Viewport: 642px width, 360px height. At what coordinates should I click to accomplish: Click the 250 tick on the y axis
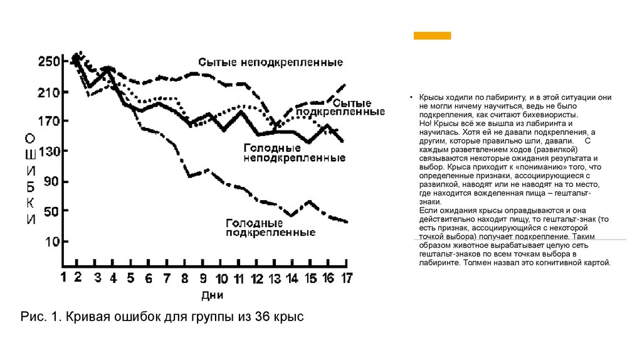(x=48, y=61)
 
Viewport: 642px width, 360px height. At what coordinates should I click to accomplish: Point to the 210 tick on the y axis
(x=48, y=93)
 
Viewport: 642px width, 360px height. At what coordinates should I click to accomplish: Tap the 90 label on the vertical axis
(x=52, y=182)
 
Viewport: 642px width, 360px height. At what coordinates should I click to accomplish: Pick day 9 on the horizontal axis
(x=203, y=278)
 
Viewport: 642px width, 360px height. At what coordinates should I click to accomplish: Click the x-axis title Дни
(x=213, y=294)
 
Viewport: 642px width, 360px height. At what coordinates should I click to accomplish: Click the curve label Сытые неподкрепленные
(x=270, y=63)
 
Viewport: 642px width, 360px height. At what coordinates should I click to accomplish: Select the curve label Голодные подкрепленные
(x=270, y=228)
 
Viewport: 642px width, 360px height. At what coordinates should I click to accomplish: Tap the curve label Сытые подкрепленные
(x=358, y=107)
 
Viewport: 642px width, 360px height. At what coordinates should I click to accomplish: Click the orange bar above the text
(x=432, y=36)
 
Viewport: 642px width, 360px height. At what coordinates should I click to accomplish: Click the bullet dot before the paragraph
(x=413, y=98)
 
